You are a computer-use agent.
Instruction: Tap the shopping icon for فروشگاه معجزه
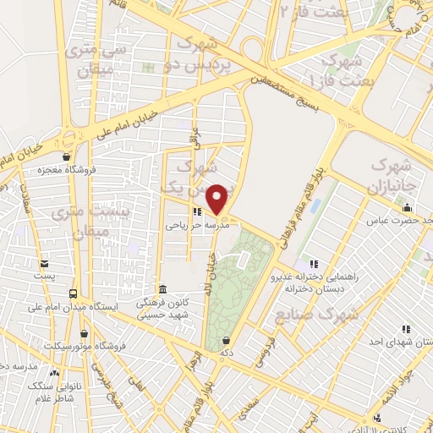pyautogui.click(x=67, y=156)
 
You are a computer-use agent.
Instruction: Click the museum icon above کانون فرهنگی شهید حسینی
pyautogui.click(x=163, y=288)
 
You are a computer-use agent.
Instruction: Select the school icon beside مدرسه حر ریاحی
pyautogui.click(x=196, y=213)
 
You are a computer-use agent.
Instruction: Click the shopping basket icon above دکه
pyautogui.click(x=226, y=339)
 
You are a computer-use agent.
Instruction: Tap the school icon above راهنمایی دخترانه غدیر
pyautogui.click(x=314, y=263)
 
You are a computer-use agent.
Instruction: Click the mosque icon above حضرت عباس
pyautogui.click(x=408, y=208)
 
